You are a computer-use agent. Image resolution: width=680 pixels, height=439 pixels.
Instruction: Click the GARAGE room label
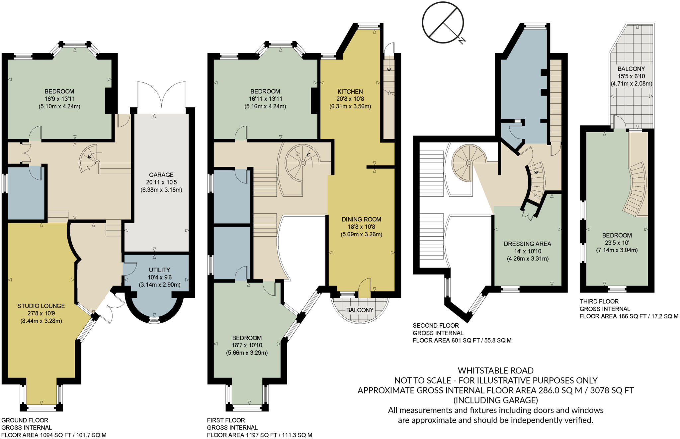(161, 175)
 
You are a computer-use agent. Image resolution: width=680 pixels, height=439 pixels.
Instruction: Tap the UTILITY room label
(159, 270)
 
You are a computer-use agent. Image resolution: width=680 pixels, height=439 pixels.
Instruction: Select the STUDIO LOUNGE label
(41, 306)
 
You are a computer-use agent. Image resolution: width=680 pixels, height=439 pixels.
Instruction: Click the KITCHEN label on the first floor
(350, 91)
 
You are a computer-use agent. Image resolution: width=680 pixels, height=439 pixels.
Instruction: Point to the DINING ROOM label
(361, 219)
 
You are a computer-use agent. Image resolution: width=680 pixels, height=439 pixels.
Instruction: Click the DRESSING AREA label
(527, 244)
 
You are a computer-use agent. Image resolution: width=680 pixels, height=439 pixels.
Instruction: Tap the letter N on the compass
(462, 41)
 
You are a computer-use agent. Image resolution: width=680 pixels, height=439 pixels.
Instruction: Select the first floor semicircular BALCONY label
(360, 310)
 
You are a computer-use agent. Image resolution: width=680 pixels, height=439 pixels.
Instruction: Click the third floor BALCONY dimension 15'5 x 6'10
(631, 76)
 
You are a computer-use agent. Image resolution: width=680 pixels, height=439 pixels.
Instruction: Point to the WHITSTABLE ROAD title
(495, 371)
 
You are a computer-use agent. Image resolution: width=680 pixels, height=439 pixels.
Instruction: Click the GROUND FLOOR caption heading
(25, 420)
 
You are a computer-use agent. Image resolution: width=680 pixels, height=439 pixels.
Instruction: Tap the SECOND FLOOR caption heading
(436, 326)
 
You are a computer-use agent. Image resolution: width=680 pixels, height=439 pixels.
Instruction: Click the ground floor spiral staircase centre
(96, 162)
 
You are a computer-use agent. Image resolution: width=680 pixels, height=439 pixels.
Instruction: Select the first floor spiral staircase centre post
(302, 163)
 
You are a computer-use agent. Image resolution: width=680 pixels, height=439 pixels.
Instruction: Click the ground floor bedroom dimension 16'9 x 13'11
(59, 99)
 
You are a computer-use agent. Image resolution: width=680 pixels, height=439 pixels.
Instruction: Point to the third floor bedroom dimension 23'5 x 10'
(617, 243)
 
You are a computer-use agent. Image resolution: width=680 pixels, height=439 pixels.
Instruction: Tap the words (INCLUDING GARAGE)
(495, 400)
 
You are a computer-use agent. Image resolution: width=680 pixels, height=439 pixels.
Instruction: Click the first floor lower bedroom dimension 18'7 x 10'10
(247, 345)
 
